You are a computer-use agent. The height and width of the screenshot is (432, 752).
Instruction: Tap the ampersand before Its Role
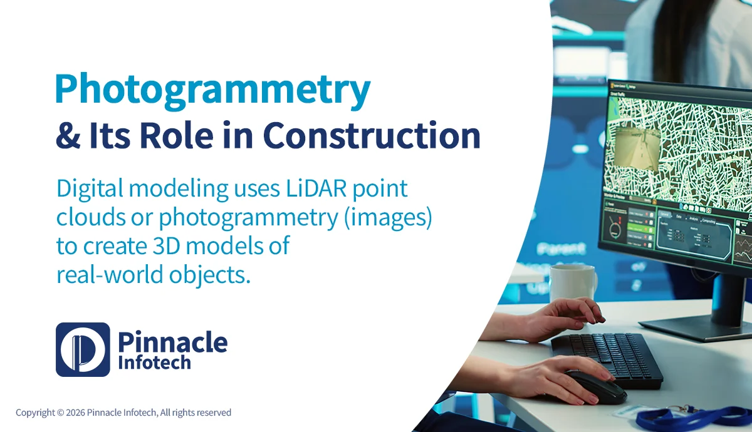65,135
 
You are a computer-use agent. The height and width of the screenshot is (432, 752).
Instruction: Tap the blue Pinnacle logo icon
83,349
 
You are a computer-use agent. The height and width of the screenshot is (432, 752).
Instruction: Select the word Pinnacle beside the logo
172,342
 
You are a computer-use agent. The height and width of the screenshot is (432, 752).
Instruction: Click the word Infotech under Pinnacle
154,363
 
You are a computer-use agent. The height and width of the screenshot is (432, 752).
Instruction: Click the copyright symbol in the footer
61,413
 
